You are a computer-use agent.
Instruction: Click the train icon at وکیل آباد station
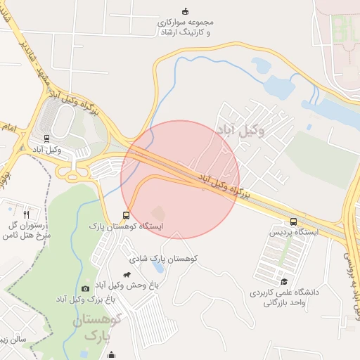point(46,139)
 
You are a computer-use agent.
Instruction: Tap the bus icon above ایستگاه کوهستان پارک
point(126,216)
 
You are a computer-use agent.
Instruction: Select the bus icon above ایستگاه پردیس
point(293,221)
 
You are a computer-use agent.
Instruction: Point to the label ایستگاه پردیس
point(294,231)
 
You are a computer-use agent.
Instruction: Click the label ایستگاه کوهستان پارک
point(126,226)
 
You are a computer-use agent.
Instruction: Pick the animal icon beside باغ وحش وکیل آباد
point(127,275)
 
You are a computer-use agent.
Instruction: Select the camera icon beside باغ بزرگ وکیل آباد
point(85,288)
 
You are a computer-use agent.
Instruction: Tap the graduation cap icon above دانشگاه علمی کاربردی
point(282,281)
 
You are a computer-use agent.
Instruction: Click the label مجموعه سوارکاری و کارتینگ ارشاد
point(184,27)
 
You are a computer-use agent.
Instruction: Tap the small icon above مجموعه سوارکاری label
point(185,11)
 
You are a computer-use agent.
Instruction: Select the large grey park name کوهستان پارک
point(98,328)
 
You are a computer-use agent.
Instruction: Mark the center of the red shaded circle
point(180,179)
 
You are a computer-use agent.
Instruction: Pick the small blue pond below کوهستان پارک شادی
point(157,268)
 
